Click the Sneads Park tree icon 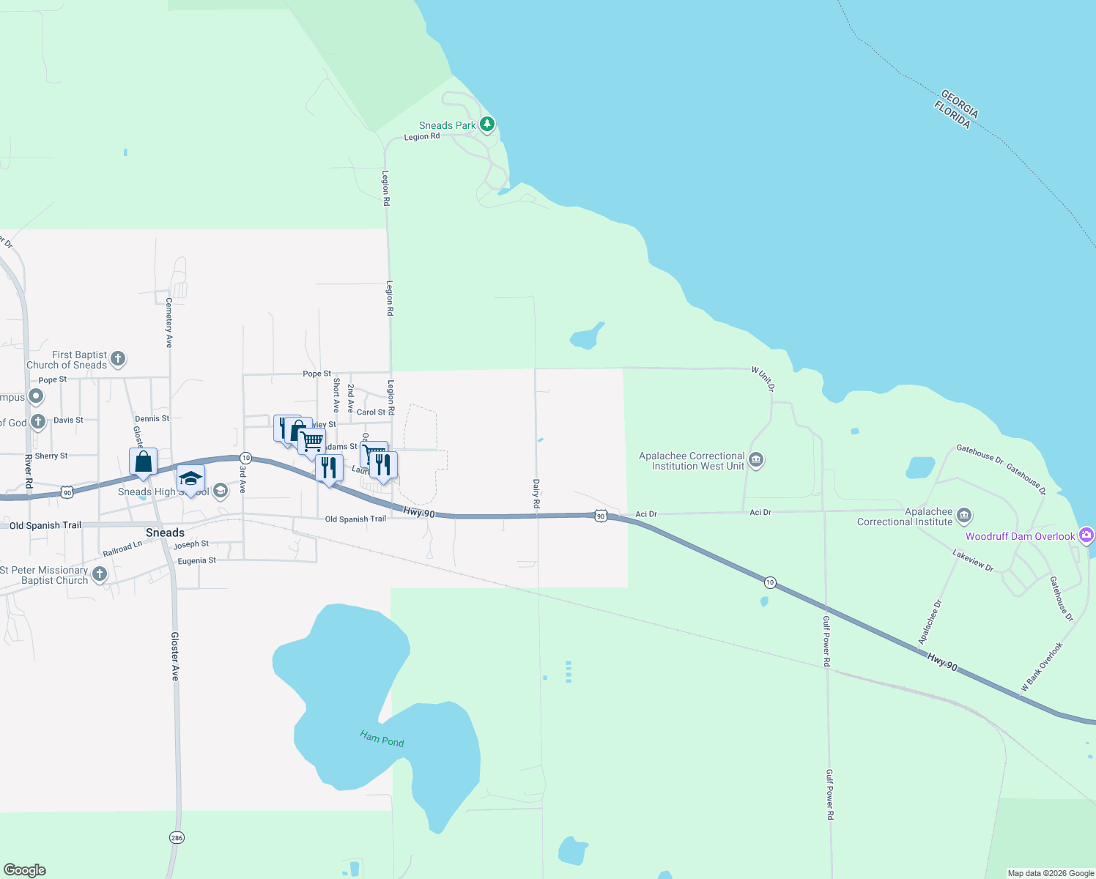(487, 125)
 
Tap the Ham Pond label (382, 738)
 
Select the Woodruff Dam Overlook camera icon (1086, 535)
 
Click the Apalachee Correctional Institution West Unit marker (757, 460)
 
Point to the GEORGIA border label (959, 103)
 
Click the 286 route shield (177, 837)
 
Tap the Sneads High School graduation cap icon (190, 479)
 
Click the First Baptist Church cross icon (118, 359)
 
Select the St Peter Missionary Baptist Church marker (100, 574)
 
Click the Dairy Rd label (536, 494)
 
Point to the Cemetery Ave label (169, 322)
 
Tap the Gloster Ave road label (175, 656)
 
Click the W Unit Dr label (763, 379)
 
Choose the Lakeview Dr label (974, 560)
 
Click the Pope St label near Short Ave (316, 374)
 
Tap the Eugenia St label (196, 560)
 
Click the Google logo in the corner (25, 870)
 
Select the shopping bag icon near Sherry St (144, 462)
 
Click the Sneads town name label (165, 533)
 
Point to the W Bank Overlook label (1042, 667)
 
